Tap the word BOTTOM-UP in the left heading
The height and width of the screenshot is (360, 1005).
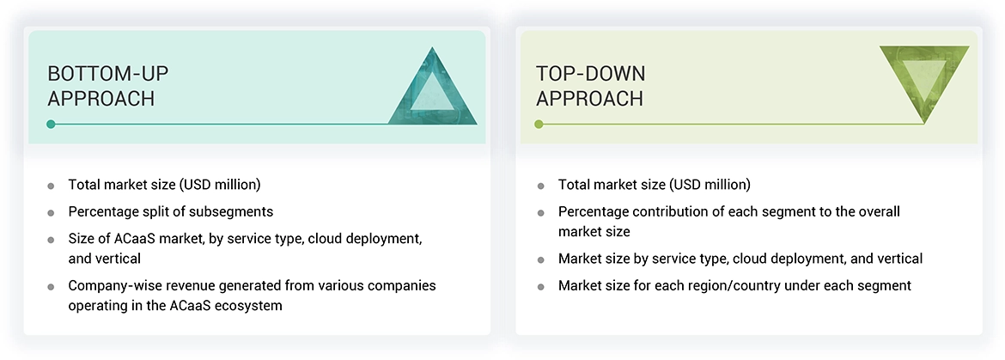107,74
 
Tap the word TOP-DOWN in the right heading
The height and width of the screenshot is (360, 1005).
590,74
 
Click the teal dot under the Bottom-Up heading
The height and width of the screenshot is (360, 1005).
51,125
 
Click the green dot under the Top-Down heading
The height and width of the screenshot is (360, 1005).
539,125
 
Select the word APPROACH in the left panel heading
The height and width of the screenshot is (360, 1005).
100,100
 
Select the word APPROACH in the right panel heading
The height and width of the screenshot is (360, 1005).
589,100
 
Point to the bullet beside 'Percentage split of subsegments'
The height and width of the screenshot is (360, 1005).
51,212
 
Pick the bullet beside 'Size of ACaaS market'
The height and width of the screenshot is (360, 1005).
51,240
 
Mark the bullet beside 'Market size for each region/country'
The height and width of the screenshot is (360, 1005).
541,287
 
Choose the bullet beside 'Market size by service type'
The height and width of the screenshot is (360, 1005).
541,260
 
